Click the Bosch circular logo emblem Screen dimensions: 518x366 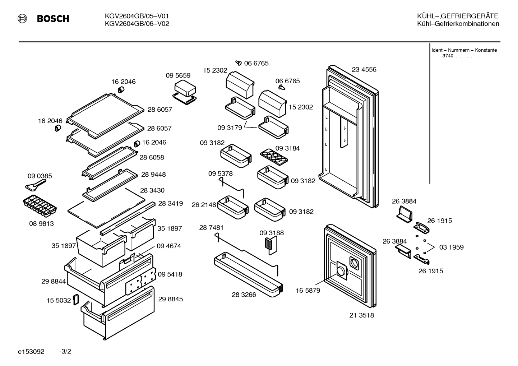pos(22,18)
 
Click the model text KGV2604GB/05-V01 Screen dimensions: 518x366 pos(137,16)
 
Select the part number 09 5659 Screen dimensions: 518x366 pos(178,75)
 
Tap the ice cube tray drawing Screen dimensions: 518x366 pos(40,206)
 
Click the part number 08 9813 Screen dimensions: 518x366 pos(41,223)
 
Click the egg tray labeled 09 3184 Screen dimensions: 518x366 pos(274,157)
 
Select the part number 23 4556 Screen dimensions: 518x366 pos(364,69)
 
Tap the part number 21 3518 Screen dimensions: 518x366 pos(361,315)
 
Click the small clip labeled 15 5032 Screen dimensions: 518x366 pos(76,300)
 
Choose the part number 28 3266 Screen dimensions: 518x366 pos(244,295)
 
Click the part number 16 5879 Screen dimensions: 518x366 pos(308,291)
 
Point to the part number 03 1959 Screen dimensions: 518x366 pos(452,247)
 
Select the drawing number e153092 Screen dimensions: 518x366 pos(31,352)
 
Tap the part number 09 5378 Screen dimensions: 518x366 pos(220,173)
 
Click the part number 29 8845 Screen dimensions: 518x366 pos(170,299)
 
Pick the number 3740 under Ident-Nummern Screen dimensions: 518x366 pos(448,56)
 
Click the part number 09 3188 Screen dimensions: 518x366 pos(272,233)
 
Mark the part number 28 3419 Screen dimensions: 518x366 pos(170,203)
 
